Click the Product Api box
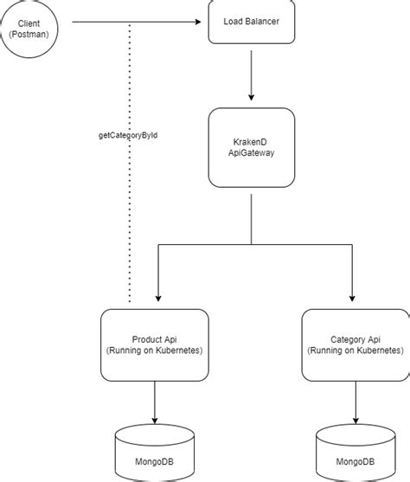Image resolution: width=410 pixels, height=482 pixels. click(154, 344)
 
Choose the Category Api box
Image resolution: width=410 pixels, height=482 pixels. click(354, 344)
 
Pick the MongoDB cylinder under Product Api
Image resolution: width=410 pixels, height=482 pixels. click(154, 452)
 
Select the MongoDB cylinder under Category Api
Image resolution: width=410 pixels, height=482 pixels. click(354, 452)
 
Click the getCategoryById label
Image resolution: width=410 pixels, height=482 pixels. click(129, 135)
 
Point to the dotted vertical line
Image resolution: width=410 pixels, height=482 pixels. click(130, 225)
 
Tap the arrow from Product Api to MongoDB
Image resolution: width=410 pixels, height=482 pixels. click(154, 402)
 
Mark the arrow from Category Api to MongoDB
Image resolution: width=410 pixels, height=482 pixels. click(354, 402)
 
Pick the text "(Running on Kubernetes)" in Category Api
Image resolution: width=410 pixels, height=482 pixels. click(354, 350)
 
